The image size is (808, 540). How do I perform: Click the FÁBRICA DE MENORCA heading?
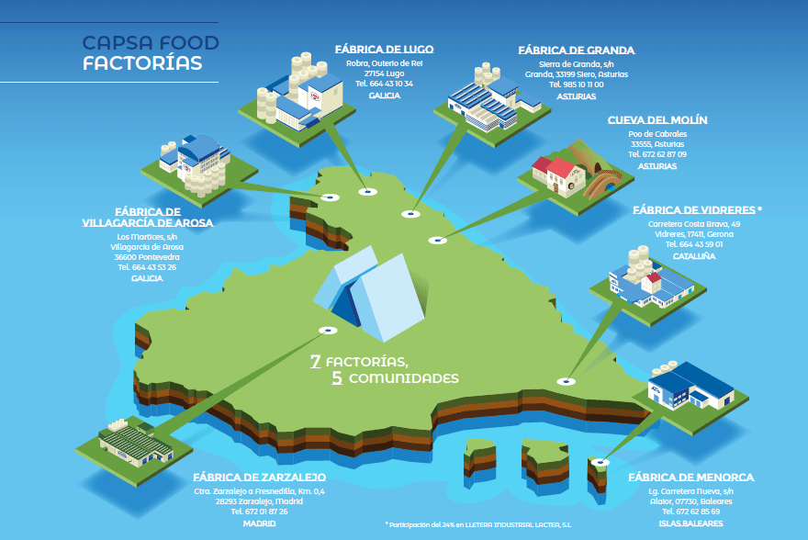pyautogui.click(x=691, y=478)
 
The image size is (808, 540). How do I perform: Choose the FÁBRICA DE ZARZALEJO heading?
pyautogui.click(x=260, y=478)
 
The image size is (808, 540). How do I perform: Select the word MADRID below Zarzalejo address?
pyautogui.click(x=259, y=523)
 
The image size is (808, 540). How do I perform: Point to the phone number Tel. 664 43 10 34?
pyautogui.click(x=384, y=84)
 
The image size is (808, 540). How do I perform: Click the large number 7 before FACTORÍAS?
pyautogui.click(x=315, y=362)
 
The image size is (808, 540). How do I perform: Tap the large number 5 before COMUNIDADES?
pyautogui.click(x=338, y=378)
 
